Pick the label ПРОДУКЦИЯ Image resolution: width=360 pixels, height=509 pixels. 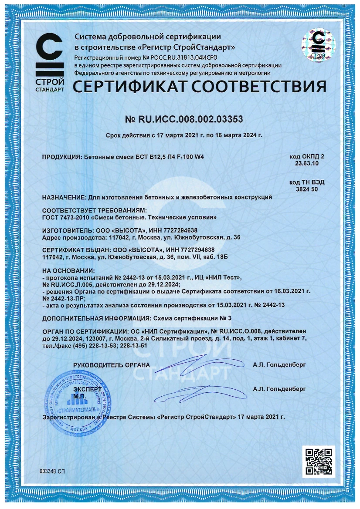[x=61, y=158]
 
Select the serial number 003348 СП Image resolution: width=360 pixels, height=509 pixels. [x=52, y=472]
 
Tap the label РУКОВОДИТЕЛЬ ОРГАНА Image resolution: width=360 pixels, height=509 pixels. [x=112, y=364]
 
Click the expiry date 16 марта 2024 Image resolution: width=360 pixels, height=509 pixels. [x=238, y=135]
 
